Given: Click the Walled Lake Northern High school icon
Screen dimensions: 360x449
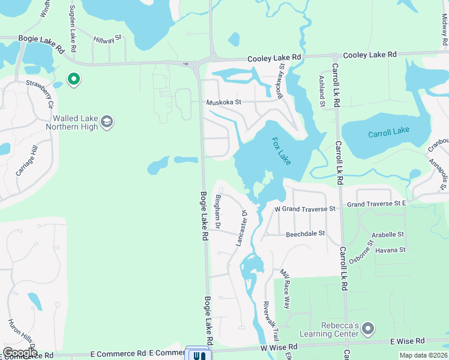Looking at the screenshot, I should click(107, 123).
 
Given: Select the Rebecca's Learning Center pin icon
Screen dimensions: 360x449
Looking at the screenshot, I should click(369, 329).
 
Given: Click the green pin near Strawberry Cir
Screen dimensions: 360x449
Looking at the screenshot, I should click(74, 79).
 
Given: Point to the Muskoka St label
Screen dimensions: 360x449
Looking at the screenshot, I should click(224, 102).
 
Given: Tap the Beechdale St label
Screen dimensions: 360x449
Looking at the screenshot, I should click(305, 233).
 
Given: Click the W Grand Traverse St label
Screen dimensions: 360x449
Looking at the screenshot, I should click(304, 209).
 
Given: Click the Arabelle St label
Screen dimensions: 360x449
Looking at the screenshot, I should click(388, 234).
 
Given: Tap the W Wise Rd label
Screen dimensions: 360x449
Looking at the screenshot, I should click(279, 347).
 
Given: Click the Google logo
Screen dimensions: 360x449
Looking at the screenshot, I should click(20, 353).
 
